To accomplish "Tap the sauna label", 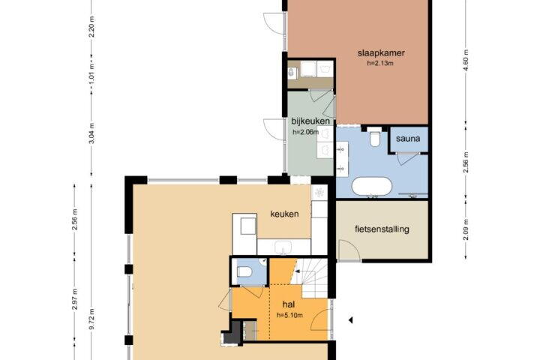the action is pos(408,139).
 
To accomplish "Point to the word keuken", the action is pos(284,214).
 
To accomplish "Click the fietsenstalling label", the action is pos(382,229).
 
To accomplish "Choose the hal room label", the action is pos(288,304).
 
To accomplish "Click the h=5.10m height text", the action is pos(289,315).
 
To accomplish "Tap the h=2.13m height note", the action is pos(380,63).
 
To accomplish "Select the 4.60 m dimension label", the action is pos(466,60).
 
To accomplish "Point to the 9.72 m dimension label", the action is pos(92,318).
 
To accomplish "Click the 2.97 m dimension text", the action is pos(75,298).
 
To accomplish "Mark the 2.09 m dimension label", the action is pos(466,229).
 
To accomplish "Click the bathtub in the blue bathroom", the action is pos(371,187).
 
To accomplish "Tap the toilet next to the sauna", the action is pos(374,139).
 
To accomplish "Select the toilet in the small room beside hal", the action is pos(244,271).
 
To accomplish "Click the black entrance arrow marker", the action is pos(350,320).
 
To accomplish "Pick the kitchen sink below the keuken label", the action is pos(283,247).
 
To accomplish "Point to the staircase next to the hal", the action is pos(309,278).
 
